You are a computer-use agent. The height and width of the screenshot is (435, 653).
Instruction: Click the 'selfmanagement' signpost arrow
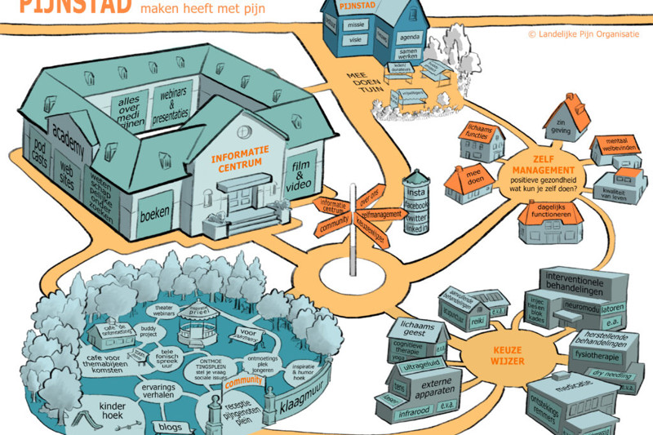[381, 215]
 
